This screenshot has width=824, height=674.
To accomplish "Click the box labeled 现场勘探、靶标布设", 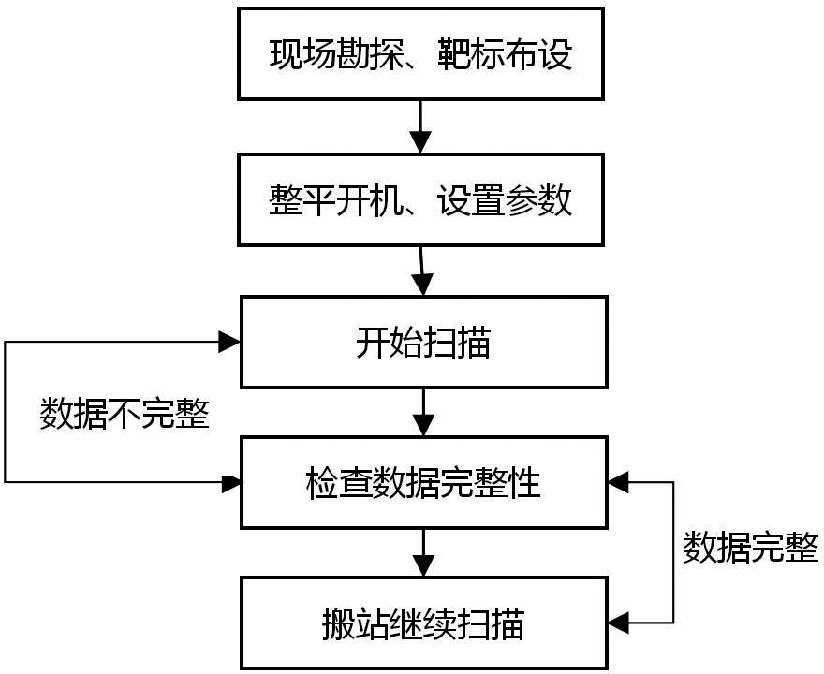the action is coord(420,53).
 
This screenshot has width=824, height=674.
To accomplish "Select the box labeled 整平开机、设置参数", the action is coord(420,199).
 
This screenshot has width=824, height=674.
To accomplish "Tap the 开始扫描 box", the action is coord(423,342).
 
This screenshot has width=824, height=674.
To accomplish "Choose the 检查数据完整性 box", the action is coord(423,482).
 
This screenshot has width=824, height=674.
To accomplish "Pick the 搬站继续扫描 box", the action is coord(423,623).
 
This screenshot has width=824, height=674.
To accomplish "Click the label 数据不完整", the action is coord(125,414).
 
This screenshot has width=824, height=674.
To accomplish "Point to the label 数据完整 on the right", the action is coord(750,548).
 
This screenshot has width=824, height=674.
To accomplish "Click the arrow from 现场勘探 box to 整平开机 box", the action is coord(420,126).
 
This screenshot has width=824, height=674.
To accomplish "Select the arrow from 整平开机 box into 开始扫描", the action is coord(422,271).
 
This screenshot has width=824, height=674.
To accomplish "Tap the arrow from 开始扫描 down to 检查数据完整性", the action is coord(423,413).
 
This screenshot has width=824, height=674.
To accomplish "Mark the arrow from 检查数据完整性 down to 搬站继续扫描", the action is coord(423,552).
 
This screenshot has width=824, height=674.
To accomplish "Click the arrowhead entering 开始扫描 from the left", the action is coord(229,342).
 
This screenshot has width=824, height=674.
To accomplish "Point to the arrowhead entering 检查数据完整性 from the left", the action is coord(231,483).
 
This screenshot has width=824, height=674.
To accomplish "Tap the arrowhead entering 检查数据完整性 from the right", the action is coord(618,482).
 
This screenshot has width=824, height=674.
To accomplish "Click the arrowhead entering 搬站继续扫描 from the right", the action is coord(618,623).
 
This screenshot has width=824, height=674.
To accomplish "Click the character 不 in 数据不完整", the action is coord(125,414).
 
